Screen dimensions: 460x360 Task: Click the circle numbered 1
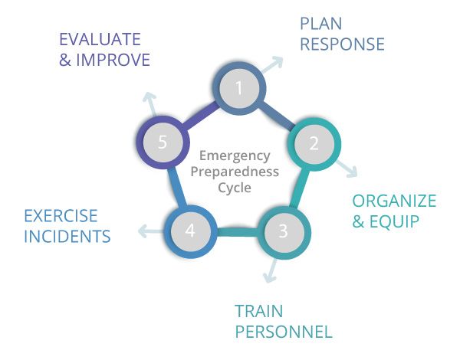coord(239,88)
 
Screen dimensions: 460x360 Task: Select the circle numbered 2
coord(314,144)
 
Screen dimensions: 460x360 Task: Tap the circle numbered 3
coord(284,231)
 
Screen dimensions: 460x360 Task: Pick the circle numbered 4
coord(190,231)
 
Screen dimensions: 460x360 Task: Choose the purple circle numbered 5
coord(163,142)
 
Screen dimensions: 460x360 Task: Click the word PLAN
coord(321,24)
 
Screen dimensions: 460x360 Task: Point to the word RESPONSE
coord(342,44)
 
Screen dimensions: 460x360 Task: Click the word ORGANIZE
coord(394,201)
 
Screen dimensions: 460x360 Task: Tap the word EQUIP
coord(394,221)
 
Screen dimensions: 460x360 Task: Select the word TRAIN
coord(259,311)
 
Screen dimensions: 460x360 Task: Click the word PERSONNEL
coord(284,332)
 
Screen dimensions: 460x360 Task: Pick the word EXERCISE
coord(61,216)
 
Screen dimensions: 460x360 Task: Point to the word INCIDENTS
coord(67,237)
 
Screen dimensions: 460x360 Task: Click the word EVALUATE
coord(100,40)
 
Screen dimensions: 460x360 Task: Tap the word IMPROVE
coord(113,60)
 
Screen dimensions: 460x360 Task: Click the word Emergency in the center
coord(235,156)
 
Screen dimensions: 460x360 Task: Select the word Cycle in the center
coord(235,188)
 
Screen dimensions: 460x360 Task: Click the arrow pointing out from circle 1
coord(272,64)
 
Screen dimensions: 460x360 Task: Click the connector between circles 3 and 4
coord(237,231)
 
